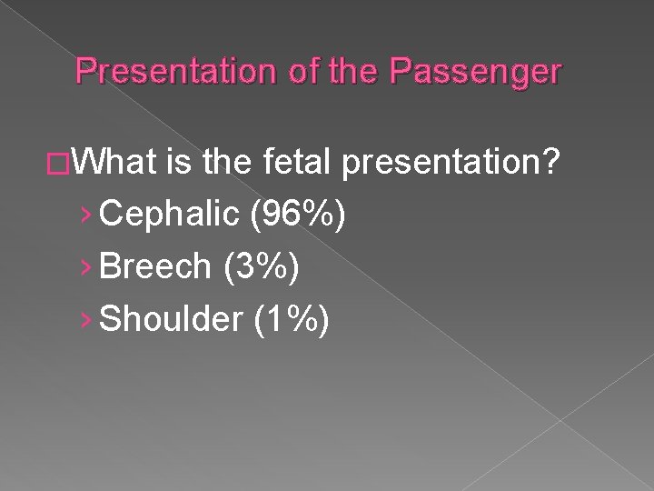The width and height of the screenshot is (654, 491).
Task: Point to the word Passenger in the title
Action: (473, 72)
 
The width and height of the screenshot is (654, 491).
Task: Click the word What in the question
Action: (121, 165)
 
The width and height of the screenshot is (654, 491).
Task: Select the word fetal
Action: (301, 165)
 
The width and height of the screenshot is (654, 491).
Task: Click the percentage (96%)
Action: (291, 216)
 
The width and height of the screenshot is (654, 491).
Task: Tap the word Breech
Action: (155, 266)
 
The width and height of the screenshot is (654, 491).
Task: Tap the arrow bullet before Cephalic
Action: (86, 217)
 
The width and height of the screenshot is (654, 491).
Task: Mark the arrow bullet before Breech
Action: (86, 267)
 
